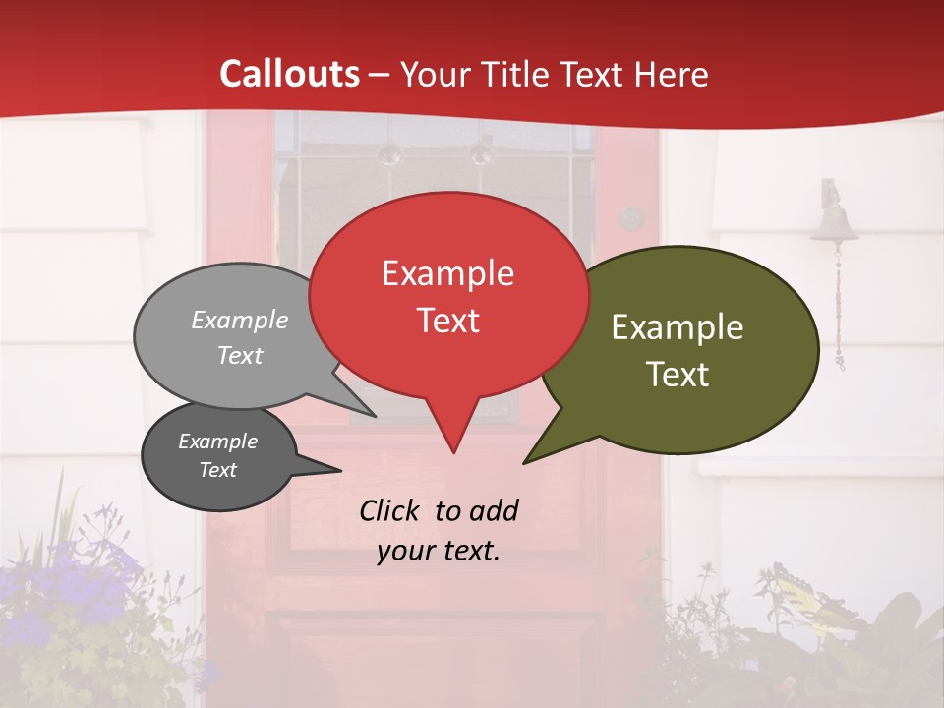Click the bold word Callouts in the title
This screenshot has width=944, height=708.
[289, 74]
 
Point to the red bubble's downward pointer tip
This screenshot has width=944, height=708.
[453, 451]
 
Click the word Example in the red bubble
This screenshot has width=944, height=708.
[447, 273]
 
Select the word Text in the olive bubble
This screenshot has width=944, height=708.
[678, 375]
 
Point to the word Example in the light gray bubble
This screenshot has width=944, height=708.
[239, 320]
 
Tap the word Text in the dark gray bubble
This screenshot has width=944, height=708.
[217, 470]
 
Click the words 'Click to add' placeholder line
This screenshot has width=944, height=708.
[439, 510]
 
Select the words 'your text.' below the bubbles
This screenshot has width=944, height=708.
[439, 551]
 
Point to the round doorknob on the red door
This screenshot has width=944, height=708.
[631, 217]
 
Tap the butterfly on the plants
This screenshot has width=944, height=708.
[810, 595]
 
